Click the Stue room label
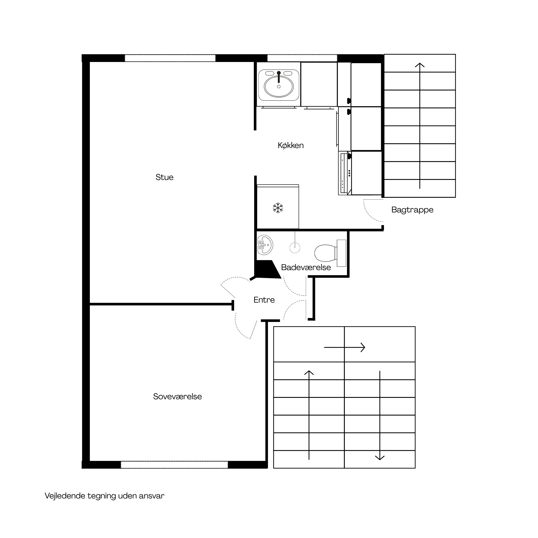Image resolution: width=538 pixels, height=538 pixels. (164, 177)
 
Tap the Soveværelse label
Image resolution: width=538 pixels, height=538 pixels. (177, 396)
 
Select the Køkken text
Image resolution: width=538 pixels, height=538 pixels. (291, 145)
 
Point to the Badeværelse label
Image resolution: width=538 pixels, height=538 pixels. (306, 267)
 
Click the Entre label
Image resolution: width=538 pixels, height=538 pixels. (264, 300)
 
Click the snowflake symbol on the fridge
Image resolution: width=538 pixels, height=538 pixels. (278, 208)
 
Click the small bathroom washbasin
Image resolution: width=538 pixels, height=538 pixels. (265, 245)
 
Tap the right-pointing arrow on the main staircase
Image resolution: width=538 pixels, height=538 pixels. (345, 347)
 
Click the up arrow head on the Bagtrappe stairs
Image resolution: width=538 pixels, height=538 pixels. (420, 65)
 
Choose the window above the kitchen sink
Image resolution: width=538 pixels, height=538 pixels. (302, 58)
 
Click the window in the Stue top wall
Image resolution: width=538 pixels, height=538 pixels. (170, 58)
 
